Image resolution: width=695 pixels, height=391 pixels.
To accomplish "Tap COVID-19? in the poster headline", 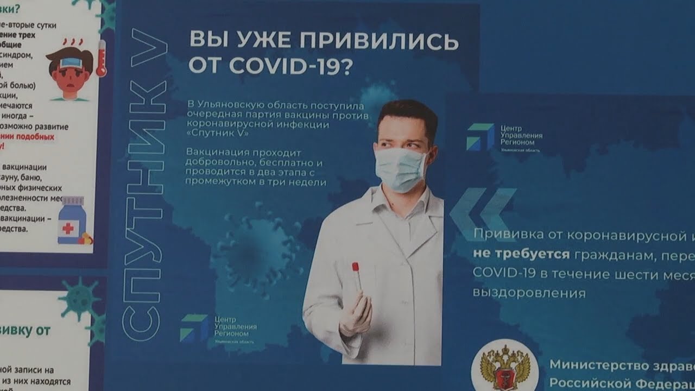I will point(290,66).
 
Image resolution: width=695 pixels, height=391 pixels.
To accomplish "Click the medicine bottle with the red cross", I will point(71,219).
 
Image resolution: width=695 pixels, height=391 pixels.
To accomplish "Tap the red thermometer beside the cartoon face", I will point(101,58).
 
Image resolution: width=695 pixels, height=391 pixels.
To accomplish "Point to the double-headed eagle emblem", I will point(504,369).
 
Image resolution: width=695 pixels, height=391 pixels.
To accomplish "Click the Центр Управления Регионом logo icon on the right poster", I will point(480,136).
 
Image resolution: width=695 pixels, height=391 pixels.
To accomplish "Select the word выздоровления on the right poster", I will point(529,293).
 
